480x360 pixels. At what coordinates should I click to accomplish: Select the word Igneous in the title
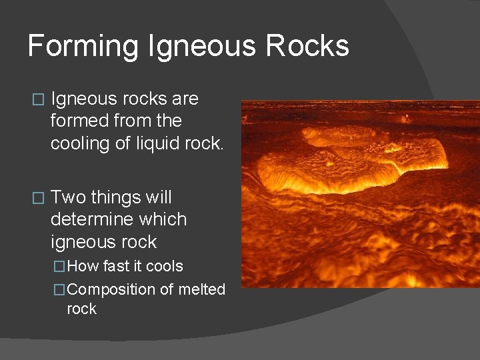click(x=203, y=47)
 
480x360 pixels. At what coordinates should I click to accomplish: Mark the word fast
click(x=117, y=266)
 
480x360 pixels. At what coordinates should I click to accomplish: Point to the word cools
click(x=164, y=266)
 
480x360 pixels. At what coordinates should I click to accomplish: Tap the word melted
click(x=201, y=289)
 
